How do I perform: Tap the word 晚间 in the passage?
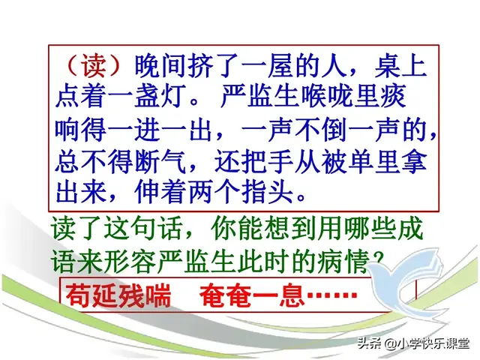(160, 67)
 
